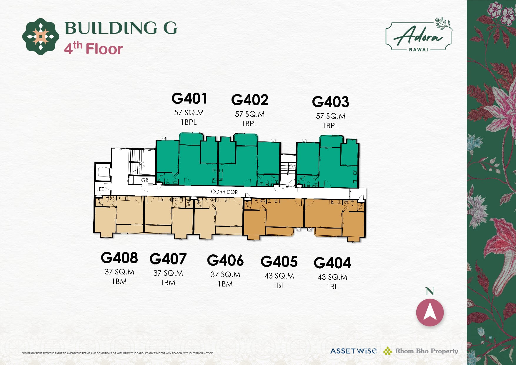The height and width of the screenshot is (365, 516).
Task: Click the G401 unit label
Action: click(189, 99)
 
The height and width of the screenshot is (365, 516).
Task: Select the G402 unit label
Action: click(250, 100)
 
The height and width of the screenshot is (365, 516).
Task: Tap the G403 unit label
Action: click(331, 102)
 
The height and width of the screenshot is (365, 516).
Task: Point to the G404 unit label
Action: click(332, 263)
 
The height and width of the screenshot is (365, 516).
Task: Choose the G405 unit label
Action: click(279, 261)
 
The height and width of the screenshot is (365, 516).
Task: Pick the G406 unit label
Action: click(225, 260)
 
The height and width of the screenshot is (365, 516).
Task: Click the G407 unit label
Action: click(168, 259)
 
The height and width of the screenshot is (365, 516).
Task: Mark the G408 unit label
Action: click(119, 258)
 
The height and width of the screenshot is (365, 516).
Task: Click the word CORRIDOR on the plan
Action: click(224, 192)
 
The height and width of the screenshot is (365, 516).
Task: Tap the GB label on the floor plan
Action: click(145, 180)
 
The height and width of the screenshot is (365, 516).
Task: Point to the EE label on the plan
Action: click(101, 189)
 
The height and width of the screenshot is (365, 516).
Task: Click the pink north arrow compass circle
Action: click(430, 312)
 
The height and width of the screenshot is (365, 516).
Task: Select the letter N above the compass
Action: click(430, 291)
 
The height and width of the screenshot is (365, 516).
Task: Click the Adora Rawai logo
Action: click(419, 35)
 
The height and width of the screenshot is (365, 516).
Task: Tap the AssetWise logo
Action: click(353, 351)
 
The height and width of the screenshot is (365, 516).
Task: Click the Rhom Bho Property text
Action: click(427, 351)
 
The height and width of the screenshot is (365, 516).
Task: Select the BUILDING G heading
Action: click(121, 28)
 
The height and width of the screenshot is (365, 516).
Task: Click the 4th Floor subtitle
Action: click(93, 49)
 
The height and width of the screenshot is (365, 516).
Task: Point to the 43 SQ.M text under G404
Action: click(332, 277)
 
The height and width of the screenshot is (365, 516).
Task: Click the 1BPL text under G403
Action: click(330, 126)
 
